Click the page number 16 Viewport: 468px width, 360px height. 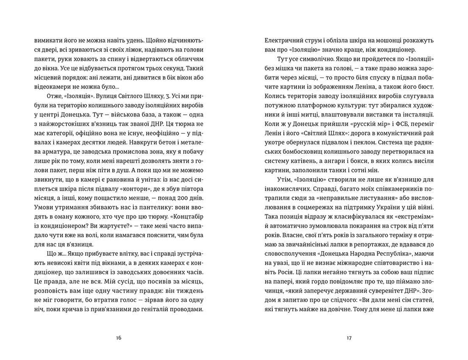pos(118,338)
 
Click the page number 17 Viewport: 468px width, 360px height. pos(349,338)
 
